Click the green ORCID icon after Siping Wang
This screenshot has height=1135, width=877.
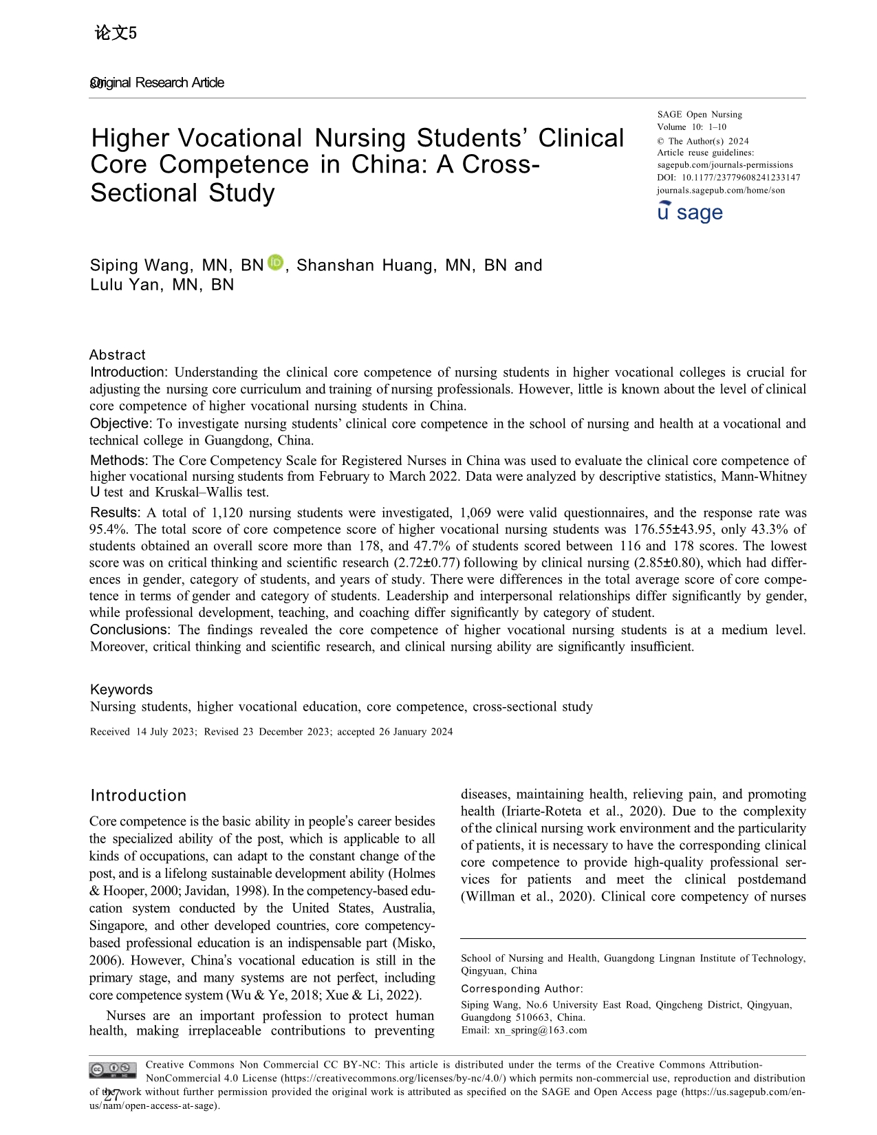tap(275, 263)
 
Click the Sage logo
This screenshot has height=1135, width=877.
tap(690, 212)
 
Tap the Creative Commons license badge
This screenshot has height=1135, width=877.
tap(112, 1070)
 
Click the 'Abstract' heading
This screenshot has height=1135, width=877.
tap(118, 355)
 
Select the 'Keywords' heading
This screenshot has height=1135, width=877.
tap(122, 689)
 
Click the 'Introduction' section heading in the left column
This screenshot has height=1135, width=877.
tap(138, 795)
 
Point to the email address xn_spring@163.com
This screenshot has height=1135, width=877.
tap(541, 1030)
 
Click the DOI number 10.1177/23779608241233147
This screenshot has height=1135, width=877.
tap(741, 177)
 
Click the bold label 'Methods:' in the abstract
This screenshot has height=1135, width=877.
tap(119, 460)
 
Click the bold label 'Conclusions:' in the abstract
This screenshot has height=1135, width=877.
tap(130, 629)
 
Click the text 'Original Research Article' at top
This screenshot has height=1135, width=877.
tap(158, 83)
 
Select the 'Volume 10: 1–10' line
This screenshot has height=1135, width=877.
tap(691, 127)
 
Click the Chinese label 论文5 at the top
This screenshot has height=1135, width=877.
tap(115, 33)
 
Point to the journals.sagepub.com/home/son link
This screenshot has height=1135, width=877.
tap(720, 190)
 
